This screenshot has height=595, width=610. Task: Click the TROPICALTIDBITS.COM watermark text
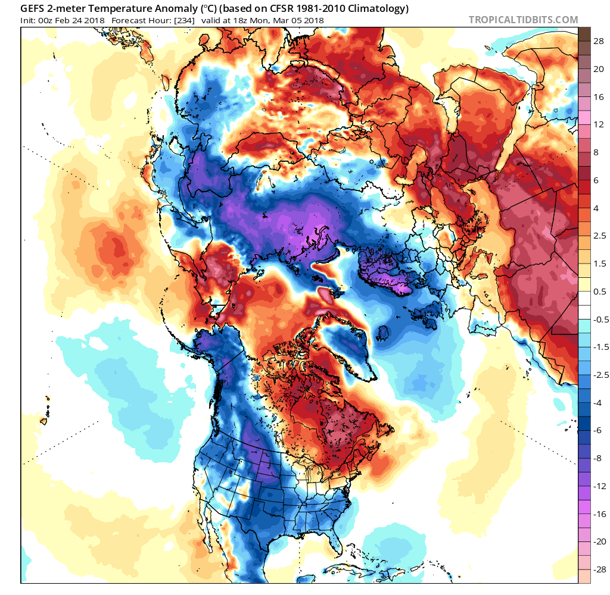[523, 20]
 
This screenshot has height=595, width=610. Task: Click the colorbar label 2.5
[600, 236]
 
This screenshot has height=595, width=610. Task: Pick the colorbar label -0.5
[600, 319]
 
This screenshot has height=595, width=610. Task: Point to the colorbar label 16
[599, 96]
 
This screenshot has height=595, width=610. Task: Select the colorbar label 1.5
[600, 264]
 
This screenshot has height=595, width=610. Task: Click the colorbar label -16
[600, 513]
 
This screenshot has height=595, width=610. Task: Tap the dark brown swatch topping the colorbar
[584, 34]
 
